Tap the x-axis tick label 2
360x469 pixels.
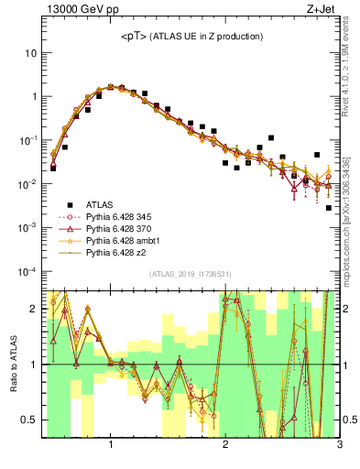225,445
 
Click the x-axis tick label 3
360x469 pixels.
339,445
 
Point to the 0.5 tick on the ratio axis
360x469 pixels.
28,420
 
